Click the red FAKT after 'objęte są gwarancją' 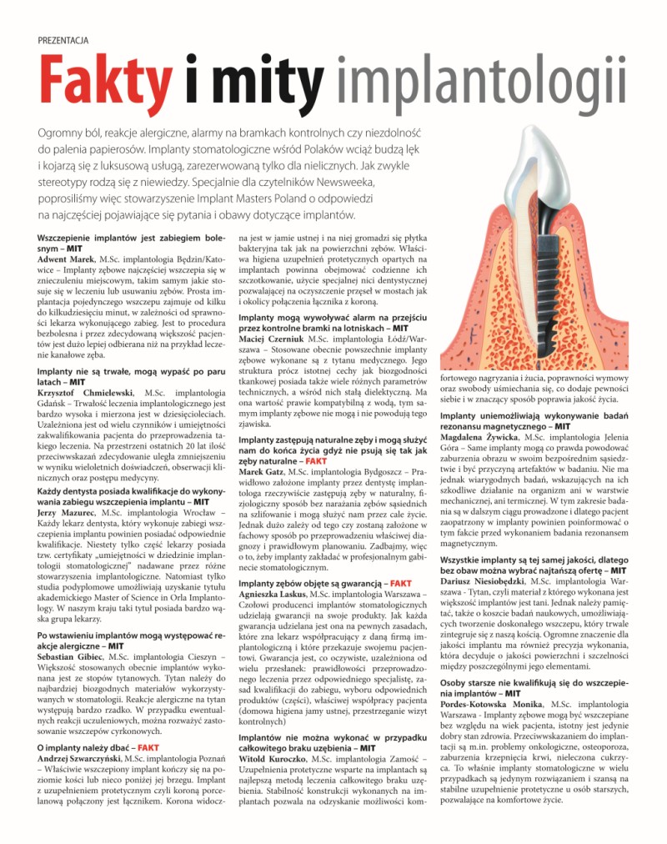coord(399,583)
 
